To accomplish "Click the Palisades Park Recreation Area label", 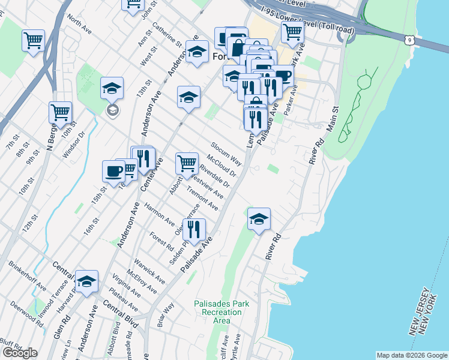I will click(221, 312).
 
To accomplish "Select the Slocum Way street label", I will click(226, 154).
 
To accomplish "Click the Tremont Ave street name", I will click(202, 199).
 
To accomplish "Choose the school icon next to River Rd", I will click(259, 220).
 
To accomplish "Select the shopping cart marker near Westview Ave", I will click(187, 163).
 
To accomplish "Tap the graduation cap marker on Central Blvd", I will click(86, 281).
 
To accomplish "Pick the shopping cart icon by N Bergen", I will click(60, 112).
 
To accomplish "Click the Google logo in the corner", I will click(20, 353).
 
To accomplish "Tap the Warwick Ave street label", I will click(149, 271).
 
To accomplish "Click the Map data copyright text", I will click(412, 355).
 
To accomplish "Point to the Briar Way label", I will click(165, 314).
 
